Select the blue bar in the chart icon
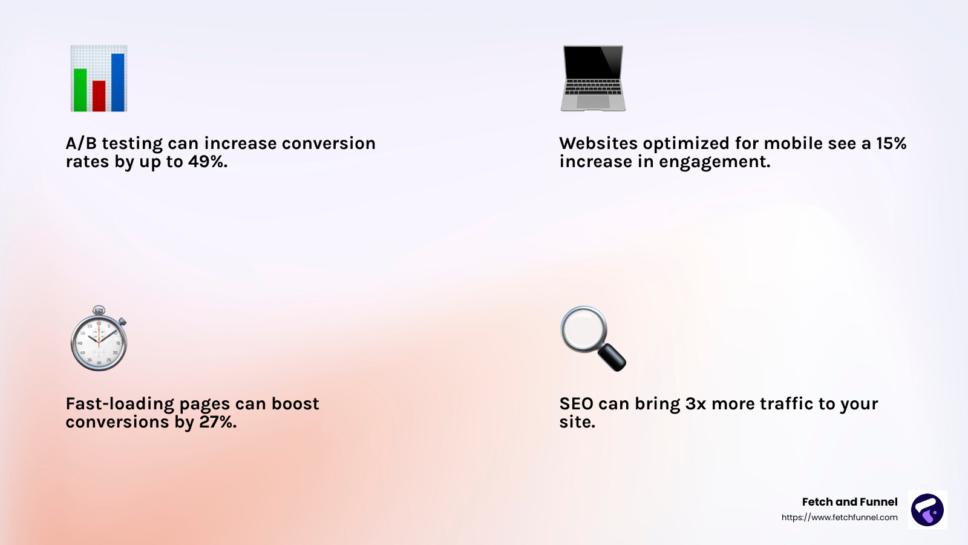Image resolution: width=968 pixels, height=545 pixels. [118, 82]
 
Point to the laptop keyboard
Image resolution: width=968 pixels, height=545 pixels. [593, 87]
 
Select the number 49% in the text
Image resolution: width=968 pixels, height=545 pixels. [208, 162]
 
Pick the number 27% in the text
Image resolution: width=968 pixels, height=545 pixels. [217, 422]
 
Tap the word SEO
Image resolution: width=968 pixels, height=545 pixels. [576, 404]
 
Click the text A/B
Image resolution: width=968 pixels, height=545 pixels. [81, 144]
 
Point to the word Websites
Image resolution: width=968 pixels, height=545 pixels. [598, 144]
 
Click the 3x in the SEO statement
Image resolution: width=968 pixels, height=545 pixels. [695, 404]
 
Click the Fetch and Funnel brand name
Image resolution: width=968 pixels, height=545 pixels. [849, 502]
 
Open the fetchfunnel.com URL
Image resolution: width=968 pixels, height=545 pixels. [839, 517]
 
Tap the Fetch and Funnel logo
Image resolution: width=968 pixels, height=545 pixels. [927, 509]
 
